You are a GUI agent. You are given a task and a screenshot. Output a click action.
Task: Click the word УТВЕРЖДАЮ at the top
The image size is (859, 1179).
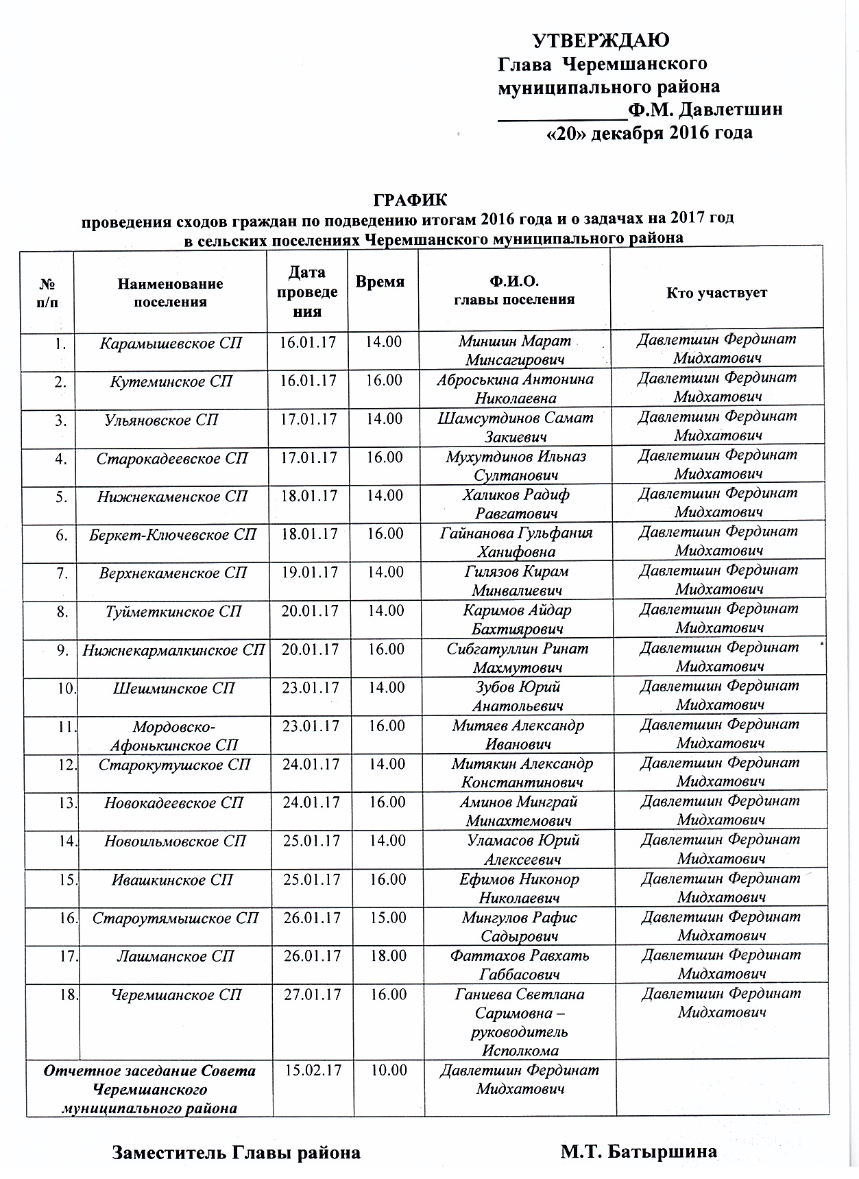click(602, 40)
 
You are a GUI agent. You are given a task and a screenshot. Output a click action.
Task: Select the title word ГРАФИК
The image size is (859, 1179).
click(410, 200)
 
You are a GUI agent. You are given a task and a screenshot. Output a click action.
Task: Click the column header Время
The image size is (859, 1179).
click(380, 282)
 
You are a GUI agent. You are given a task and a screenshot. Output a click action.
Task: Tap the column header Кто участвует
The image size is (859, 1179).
click(716, 293)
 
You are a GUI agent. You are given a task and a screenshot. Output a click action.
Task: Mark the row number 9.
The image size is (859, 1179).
click(62, 649)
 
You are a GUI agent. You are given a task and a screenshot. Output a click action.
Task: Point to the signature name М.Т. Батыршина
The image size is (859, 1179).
click(638, 1152)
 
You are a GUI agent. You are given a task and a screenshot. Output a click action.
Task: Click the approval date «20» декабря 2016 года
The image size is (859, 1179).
click(649, 132)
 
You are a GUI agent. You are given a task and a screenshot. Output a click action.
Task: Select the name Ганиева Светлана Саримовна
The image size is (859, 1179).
click(520, 1003)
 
